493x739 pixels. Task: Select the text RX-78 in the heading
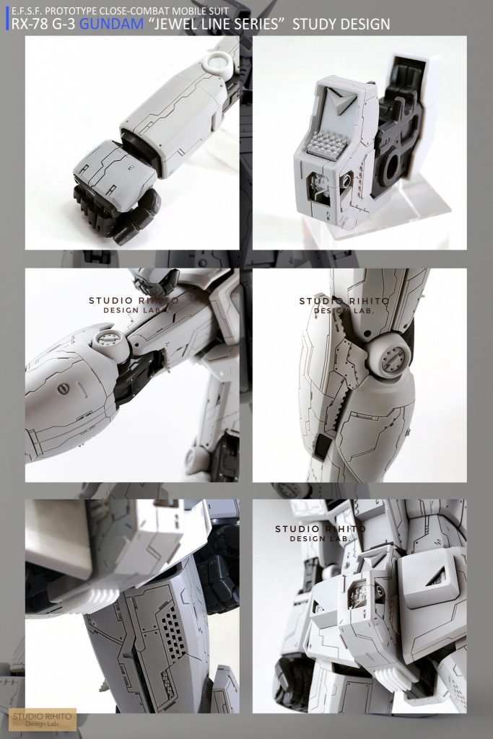(28, 25)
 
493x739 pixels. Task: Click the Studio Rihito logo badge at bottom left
(43, 719)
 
